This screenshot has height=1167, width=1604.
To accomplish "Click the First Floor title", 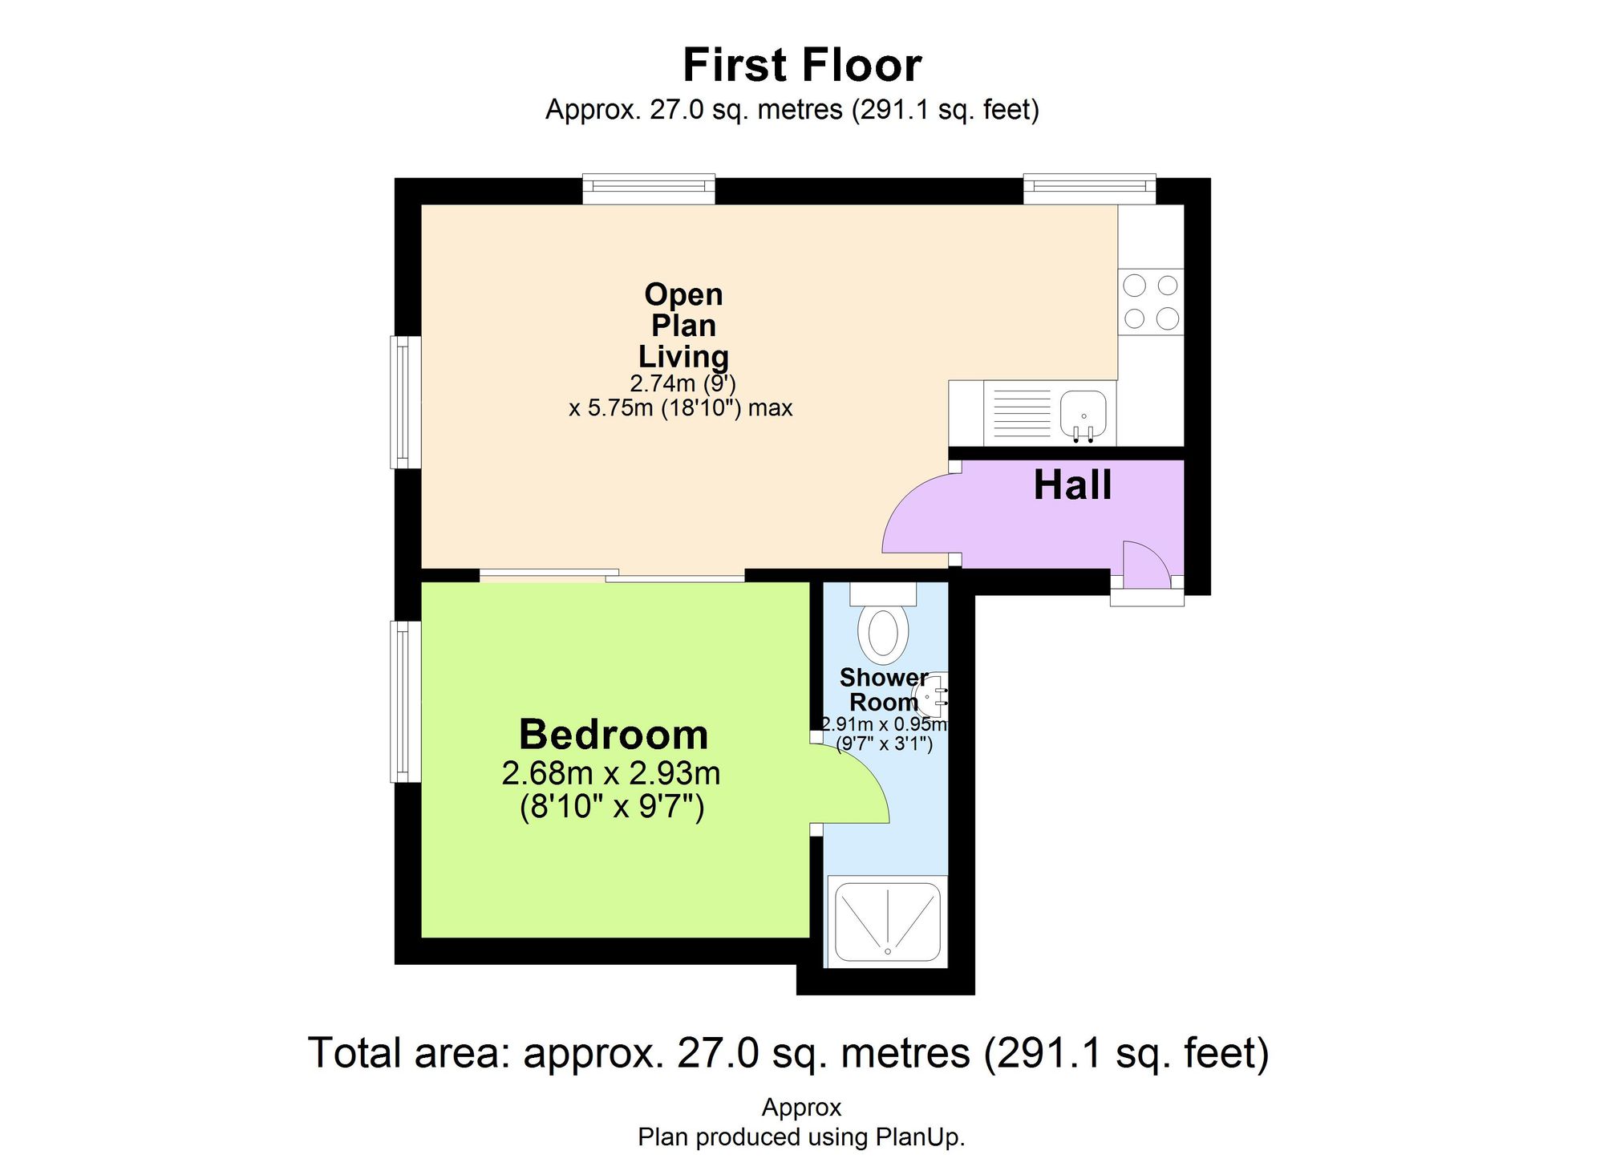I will (801, 65).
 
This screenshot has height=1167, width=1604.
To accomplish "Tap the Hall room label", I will (1072, 485).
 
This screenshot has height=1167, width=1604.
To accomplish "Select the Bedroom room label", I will (614, 734).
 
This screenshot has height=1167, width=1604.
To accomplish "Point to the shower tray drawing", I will (887, 922).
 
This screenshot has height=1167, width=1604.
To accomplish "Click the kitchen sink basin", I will (1084, 412).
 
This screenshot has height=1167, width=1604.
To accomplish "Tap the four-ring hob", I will (1151, 302).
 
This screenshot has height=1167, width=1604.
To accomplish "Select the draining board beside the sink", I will (1021, 413).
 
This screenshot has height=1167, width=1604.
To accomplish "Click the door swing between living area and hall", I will (918, 513).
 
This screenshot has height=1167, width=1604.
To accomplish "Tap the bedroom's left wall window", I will (406, 701).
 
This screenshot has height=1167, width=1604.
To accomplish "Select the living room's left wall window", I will (406, 402).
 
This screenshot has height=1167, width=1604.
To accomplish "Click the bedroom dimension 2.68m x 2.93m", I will (611, 773).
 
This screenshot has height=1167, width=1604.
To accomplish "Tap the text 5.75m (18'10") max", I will (680, 408).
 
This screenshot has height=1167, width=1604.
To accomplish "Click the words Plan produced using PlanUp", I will (801, 1137).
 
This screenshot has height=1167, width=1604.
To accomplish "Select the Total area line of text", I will (788, 1053).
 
